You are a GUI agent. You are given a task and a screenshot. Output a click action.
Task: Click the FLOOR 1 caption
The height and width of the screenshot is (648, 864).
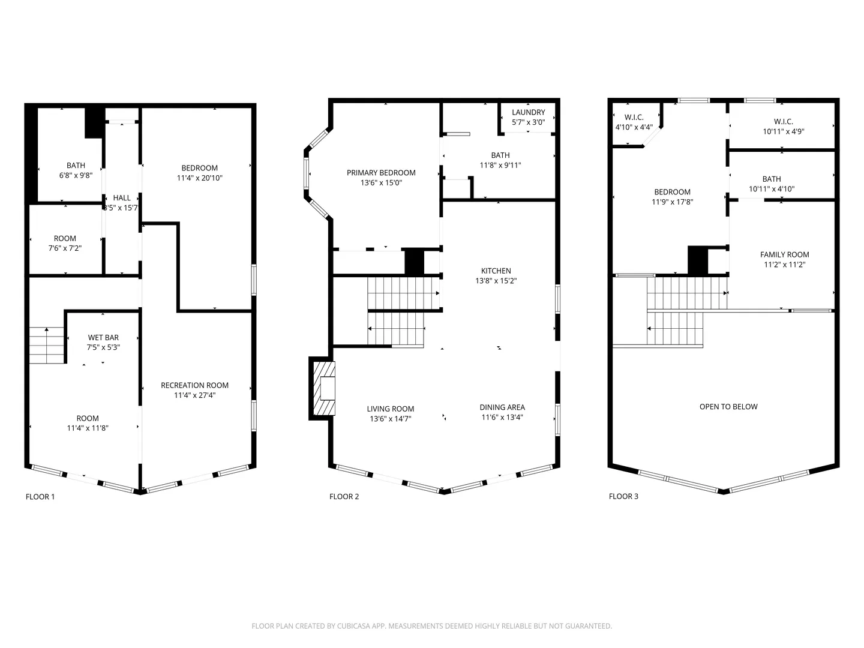coord(40,497)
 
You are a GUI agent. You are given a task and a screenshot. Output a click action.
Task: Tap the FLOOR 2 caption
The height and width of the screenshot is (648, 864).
coord(344,497)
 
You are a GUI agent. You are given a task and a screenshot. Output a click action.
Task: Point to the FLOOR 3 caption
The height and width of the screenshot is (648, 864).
coord(623,497)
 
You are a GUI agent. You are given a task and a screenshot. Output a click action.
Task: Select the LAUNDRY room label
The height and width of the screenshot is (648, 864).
coord(528,112)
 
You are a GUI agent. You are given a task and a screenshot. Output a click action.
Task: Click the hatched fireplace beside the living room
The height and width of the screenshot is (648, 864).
coord(324,388)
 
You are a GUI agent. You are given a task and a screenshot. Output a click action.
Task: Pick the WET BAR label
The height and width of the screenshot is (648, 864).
coord(103,337)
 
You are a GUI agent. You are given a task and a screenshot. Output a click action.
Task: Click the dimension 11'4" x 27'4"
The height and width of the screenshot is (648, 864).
coord(194,395)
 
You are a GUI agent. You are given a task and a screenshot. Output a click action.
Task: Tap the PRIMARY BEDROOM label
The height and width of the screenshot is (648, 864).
coord(381,172)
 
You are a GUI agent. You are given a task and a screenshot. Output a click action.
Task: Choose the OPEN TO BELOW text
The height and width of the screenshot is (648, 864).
coord(728,406)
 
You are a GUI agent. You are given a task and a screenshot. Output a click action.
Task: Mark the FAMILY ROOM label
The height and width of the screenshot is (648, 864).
coord(784,254)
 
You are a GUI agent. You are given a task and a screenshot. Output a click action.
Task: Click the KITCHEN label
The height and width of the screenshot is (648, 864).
coord(496,271)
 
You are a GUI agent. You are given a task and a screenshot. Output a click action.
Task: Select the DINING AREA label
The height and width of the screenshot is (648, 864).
coord(502,407)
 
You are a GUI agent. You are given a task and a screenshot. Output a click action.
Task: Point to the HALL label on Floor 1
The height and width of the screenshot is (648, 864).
coord(122,197)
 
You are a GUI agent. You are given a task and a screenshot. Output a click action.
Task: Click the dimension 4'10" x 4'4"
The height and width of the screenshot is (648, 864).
coord(634,127)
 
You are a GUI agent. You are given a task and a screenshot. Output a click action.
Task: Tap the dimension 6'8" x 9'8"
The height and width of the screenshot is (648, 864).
coord(76,175)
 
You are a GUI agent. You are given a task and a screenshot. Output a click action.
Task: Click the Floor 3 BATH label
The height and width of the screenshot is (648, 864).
coord(772,179)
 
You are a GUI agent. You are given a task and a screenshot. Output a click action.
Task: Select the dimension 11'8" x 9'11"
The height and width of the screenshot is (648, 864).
coord(500,165)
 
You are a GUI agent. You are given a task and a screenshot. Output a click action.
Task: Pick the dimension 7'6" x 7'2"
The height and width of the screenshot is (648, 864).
coord(65,248)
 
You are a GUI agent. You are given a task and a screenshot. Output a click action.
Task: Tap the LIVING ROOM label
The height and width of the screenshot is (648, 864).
coord(391,409)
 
